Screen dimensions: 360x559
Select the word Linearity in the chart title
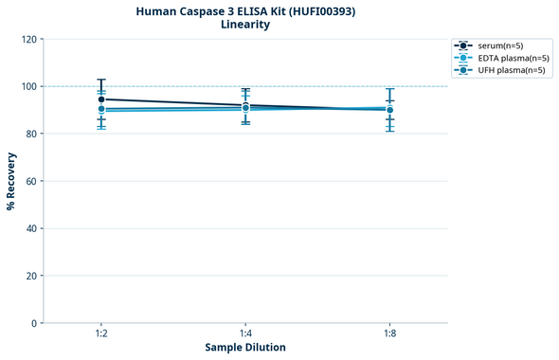point(244,25)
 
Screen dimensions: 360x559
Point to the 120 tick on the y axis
point(28,39)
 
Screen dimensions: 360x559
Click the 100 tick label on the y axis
point(28,86)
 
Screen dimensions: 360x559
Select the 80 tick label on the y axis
point(31,134)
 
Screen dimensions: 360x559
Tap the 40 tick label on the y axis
point(31,228)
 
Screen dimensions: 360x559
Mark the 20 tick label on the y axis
point(31,276)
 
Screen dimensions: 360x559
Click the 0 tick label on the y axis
point(34,323)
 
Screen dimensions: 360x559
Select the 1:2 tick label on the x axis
point(101,334)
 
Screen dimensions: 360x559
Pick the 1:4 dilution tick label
point(245,334)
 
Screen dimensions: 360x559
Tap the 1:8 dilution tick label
point(389,334)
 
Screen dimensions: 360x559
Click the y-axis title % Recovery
point(11,180)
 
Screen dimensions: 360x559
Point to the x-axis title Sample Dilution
point(245,348)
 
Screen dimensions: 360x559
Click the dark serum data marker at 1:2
point(101,99)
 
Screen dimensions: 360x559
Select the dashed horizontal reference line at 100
point(313,86)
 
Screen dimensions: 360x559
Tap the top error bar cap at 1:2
point(101,80)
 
